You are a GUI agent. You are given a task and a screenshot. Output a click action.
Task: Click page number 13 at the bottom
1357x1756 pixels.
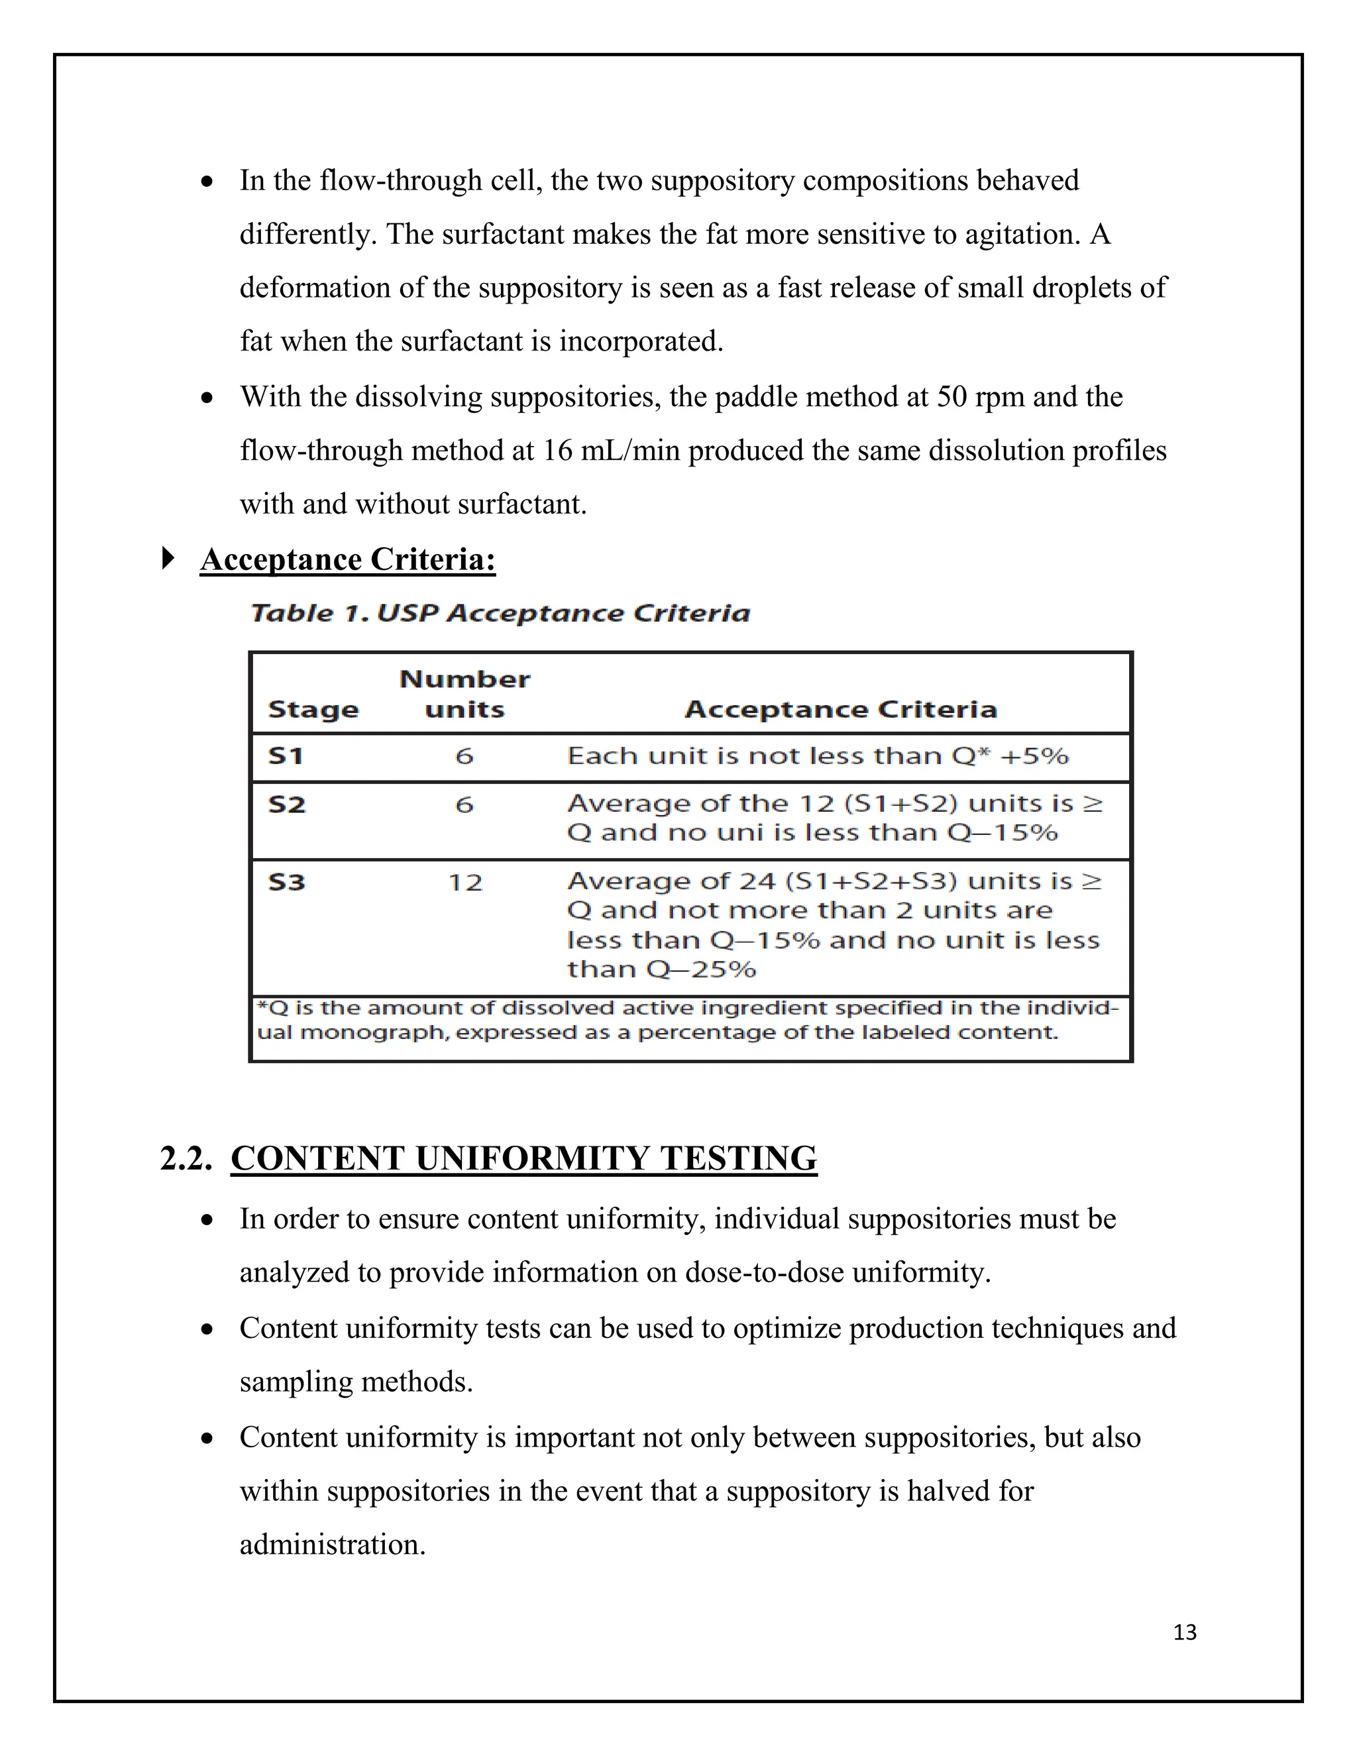[1184, 1631]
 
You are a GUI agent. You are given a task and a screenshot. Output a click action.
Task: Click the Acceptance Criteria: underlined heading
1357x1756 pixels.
[347, 560]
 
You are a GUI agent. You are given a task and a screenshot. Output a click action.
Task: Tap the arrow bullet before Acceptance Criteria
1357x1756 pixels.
[168, 558]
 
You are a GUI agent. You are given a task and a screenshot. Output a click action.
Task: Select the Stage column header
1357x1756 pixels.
[313, 710]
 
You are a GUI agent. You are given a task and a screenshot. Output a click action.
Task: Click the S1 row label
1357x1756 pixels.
[286, 756]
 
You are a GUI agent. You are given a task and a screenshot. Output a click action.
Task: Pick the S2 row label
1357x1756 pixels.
[286, 804]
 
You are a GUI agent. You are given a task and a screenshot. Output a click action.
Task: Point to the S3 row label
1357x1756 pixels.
[286, 882]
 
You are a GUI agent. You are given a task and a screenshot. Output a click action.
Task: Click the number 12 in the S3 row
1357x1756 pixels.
[464, 883]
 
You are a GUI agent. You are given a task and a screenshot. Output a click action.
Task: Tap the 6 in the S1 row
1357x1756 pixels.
[464, 756]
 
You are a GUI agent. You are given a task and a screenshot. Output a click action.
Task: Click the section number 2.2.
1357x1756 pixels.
[186, 1158]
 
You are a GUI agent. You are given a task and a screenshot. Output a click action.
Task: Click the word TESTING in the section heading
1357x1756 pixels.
[738, 1158]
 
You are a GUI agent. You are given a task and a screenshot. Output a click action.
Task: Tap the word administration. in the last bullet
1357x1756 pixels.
[332, 1545]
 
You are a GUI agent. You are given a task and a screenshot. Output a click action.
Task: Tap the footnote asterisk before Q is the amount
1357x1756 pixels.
[260, 1006]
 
